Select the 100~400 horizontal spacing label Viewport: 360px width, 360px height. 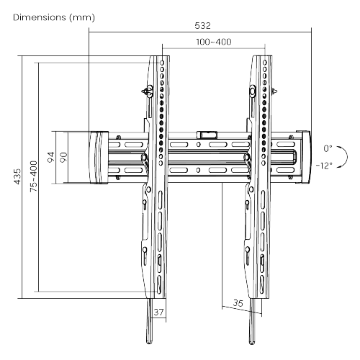coord(213,42)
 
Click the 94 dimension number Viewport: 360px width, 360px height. coord(50,158)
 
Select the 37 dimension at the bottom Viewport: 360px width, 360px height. coord(160,312)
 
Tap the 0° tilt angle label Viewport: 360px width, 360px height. coord(328,148)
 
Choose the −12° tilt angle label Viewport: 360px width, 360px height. coord(324,164)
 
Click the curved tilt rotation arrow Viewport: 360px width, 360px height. coord(343,156)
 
